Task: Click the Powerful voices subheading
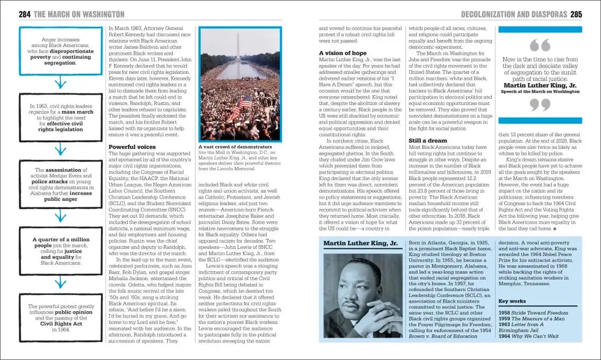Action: pyautogui.click(x=132, y=146)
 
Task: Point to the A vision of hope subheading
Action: pyautogui.click(x=343, y=53)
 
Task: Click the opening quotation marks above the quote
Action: pyautogui.click(x=540, y=45)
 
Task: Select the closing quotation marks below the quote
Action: pyautogui.click(x=540, y=105)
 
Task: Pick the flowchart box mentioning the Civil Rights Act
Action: pyautogui.click(x=57, y=318)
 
